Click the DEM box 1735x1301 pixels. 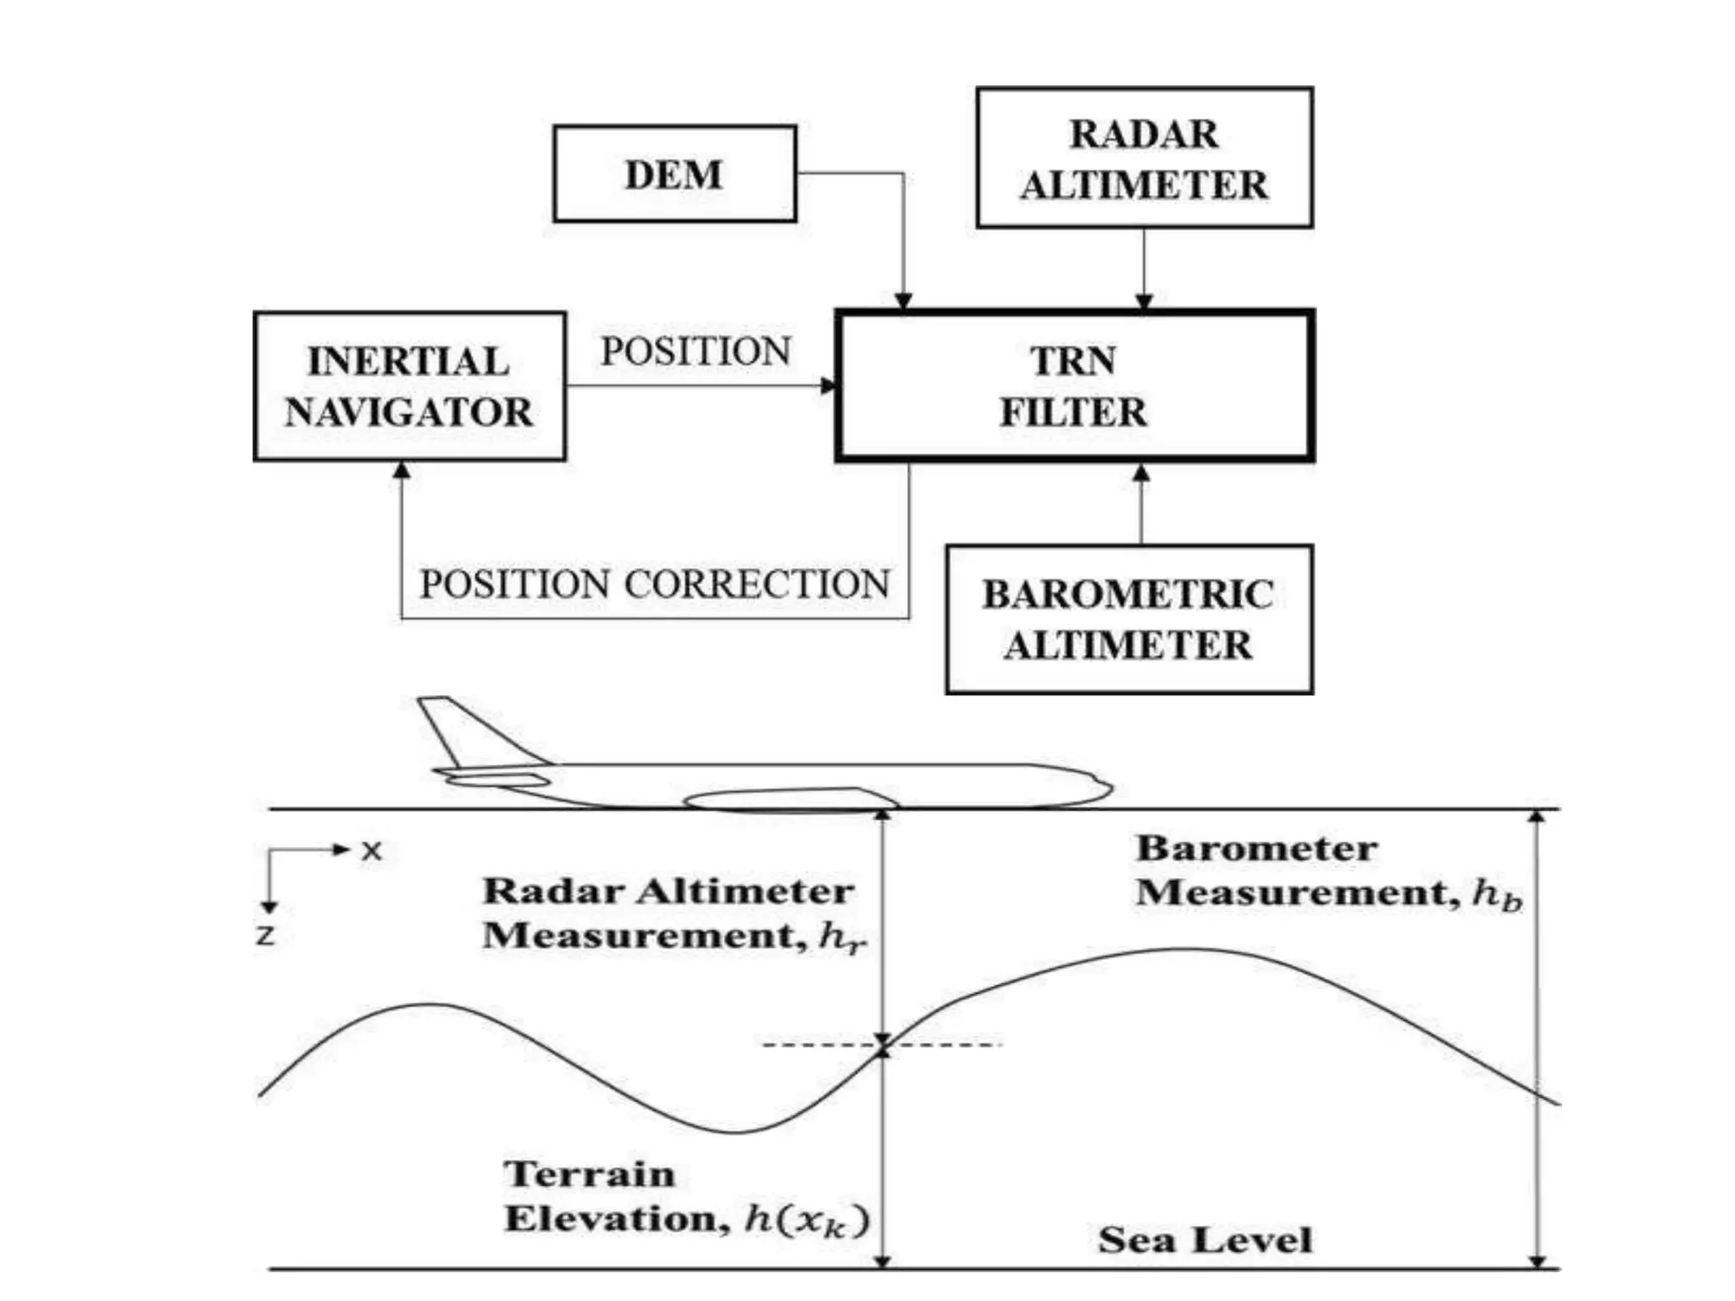click(674, 174)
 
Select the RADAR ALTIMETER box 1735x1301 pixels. click(1145, 158)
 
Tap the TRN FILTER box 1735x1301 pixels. click(1074, 386)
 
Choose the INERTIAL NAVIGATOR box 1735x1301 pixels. click(409, 386)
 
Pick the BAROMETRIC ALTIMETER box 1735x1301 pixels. click(1128, 619)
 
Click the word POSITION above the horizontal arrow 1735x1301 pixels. click(696, 352)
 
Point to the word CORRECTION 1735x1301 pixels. click(758, 584)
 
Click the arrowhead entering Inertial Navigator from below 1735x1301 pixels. click(402, 470)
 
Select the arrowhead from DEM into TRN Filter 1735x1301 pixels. click(903, 301)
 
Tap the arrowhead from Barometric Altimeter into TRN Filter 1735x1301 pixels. click(1141, 473)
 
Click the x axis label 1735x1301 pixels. click(372, 850)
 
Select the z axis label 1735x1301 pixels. click(266, 935)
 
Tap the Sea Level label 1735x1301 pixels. click(1205, 1240)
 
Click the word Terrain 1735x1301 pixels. click(590, 1174)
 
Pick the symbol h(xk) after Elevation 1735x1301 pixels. click(807, 1220)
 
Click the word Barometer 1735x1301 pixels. click(1256, 849)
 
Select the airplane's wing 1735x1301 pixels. click(788, 799)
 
